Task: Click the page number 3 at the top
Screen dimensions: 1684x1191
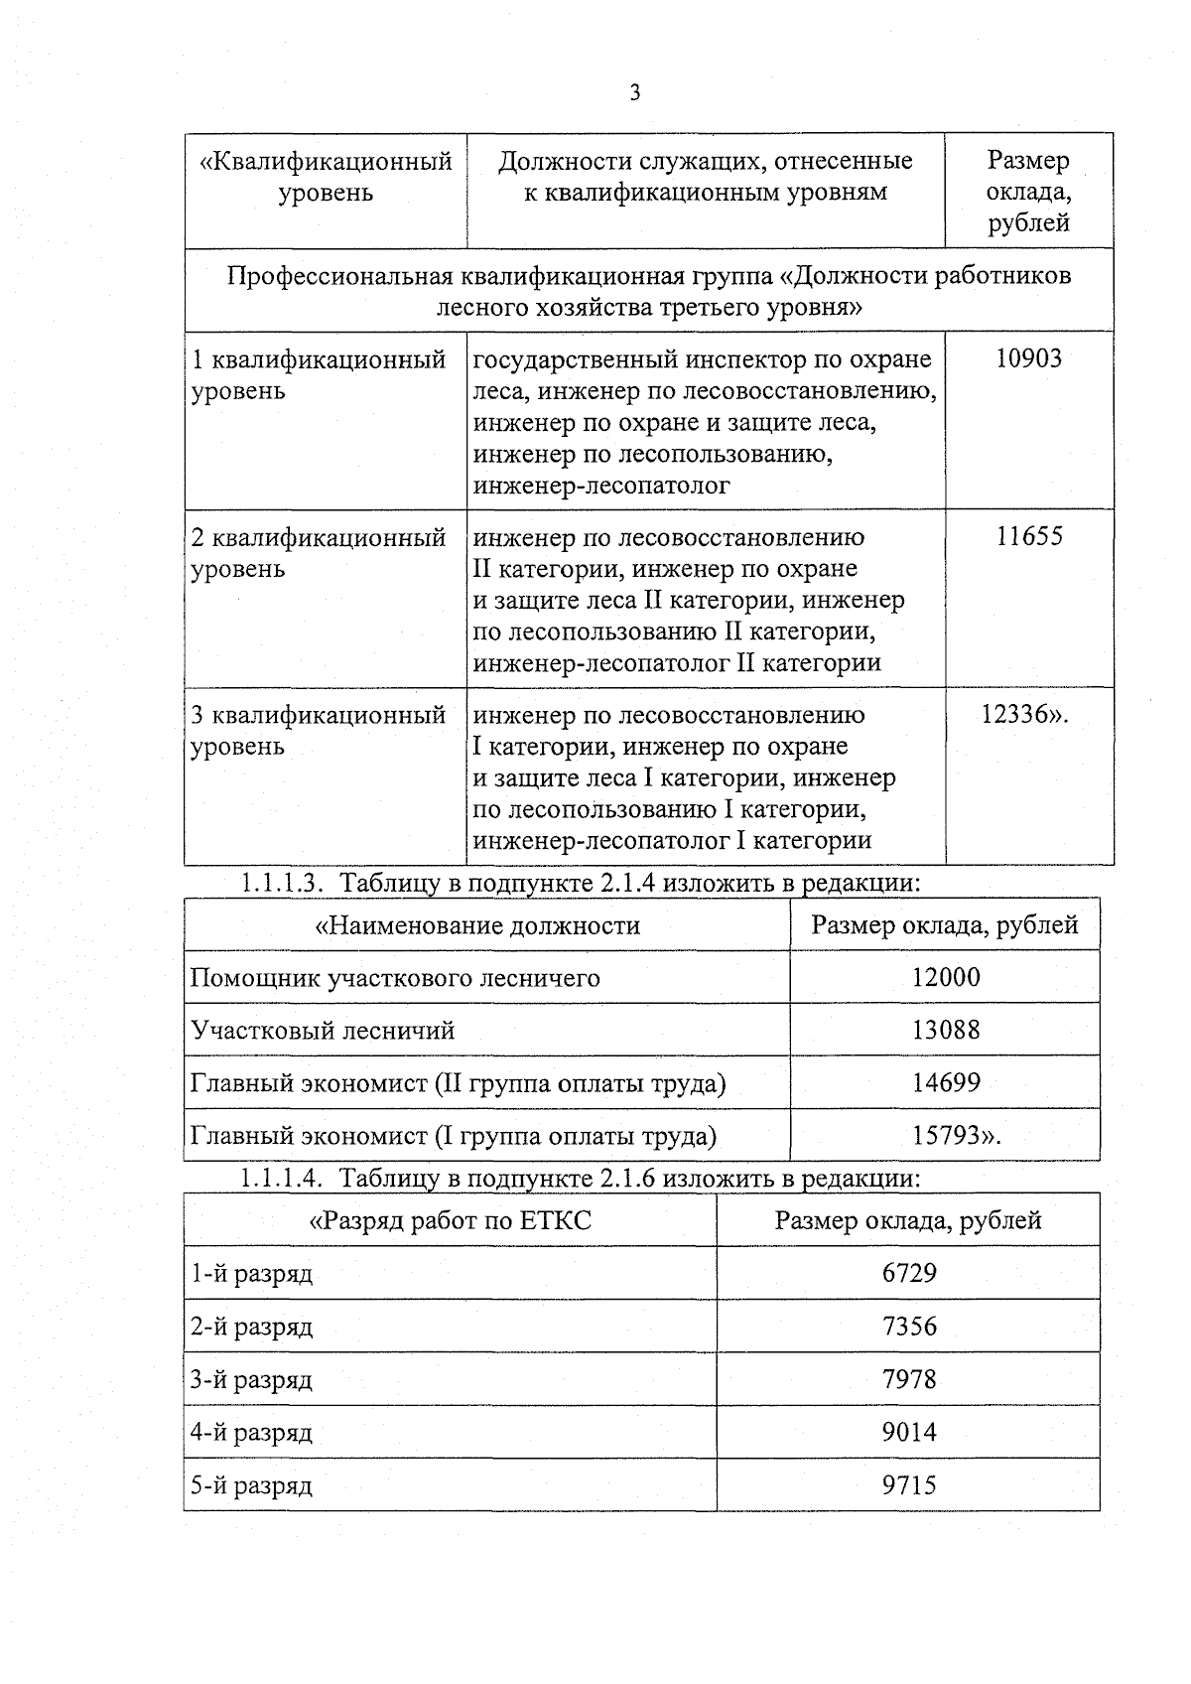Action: click(x=634, y=92)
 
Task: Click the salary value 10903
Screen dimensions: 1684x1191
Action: click(x=1028, y=358)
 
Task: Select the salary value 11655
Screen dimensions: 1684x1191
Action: click(x=1028, y=536)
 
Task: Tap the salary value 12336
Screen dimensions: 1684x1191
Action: click(x=1022, y=714)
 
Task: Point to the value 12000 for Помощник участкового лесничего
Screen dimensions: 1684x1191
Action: click(x=945, y=977)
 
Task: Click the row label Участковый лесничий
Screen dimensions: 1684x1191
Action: click(x=323, y=1030)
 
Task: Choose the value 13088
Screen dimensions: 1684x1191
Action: click(x=945, y=1030)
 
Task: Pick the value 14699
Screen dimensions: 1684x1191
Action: click(x=945, y=1082)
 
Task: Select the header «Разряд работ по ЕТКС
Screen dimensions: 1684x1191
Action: click(x=451, y=1220)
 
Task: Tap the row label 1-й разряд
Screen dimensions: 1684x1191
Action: click(x=252, y=1274)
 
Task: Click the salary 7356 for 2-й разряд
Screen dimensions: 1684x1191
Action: click(x=908, y=1327)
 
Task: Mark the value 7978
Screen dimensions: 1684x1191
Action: click(x=908, y=1379)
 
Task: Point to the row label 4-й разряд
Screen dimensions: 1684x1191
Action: click(x=252, y=1433)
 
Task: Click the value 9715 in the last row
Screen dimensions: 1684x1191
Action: click(x=908, y=1485)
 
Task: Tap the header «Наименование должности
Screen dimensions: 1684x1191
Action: click(x=477, y=925)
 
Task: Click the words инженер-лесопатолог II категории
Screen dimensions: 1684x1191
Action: click(x=677, y=662)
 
